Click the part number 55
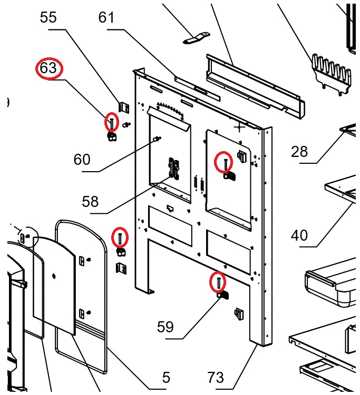pyautogui.click(x=48, y=18)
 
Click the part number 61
pyautogui.click(x=106, y=18)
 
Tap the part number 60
pyautogui.click(x=82, y=159)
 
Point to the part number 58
pyautogui.click(x=90, y=201)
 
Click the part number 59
pyautogui.click(x=166, y=327)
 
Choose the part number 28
pyautogui.click(x=299, y=152)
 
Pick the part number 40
pyautogui.click(x=299, y=235)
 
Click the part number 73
pyautogui.click(x=216, y=377)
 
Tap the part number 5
pyautogui.click(x=166, y=377)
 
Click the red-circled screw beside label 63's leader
pyautogui.click(x=112, y=123)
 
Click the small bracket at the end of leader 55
pyautogui.click(x=124, y=107)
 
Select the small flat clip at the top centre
pyautogui.click(x=197, y=38)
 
